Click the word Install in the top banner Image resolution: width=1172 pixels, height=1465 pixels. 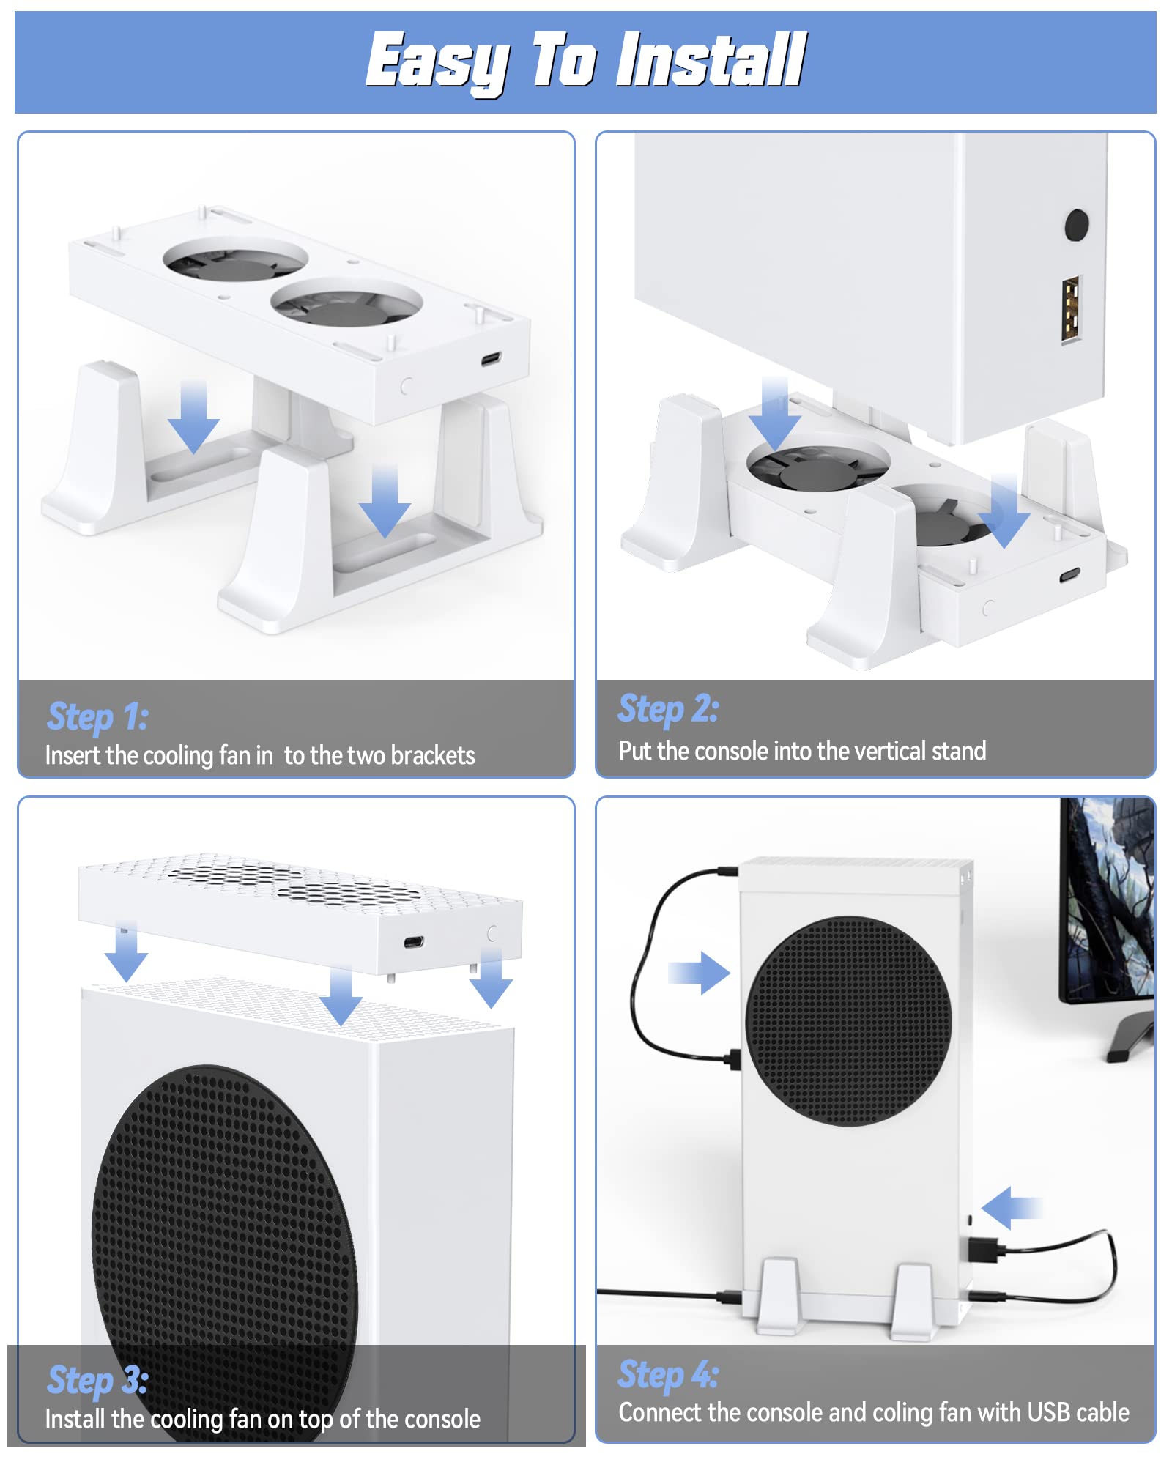(x=711, y=60)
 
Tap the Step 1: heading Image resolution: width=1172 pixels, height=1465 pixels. (x=97, y=716)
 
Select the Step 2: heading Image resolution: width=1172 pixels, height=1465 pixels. (x=668, y=708)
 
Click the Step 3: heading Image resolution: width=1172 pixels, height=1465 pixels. (x=97, y=1380)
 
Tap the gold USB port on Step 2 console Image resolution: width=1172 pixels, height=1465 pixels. (x=1072, y=308)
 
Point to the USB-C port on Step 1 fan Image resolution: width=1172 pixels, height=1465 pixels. (x=491, y=360)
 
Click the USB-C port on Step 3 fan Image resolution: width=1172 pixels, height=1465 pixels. (x=414, y=942)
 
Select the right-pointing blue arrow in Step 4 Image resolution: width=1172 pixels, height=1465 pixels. (x=700, y=973)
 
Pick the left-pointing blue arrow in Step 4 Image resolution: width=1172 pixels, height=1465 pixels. (x=1011, y=1207)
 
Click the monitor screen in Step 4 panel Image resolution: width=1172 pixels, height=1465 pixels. (x=1110, y=898)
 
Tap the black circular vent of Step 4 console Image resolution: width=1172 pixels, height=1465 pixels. (x=848, y=1021)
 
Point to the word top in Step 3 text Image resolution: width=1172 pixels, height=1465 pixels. (x=316, y=1420)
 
